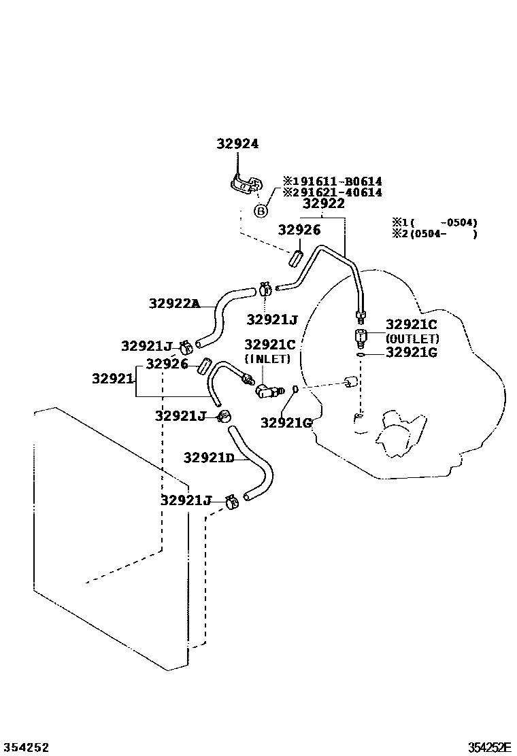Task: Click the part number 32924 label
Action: click(x=238, y=144)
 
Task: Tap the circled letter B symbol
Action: click(x=261, y=211)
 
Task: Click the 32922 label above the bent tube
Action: click(x=324, y=203)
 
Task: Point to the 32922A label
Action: click(x=174, y=304)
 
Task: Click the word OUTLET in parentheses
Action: click(x=412, y=339)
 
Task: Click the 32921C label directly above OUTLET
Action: click(x=412, y=324)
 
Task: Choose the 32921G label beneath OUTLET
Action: click(x=412, y=352)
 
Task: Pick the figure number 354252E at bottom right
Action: click(x=488, y=747)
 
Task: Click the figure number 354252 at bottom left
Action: click(x=26, y=747)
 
